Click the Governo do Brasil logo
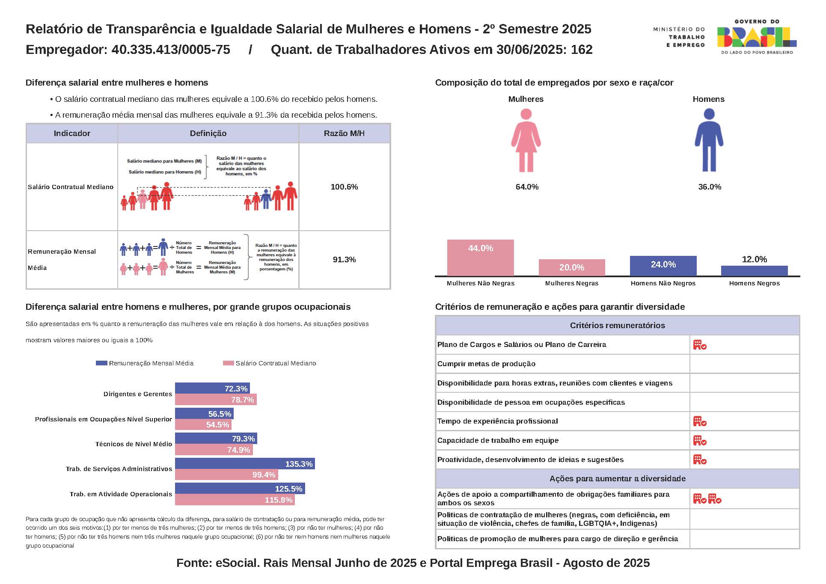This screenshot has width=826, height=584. [756, 37]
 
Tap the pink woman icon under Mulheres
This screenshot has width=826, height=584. [526, 140]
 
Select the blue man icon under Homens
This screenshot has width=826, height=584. [709, 140]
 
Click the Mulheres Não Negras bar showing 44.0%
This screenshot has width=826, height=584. [480, 258]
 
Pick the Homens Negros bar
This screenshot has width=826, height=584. [754, 271]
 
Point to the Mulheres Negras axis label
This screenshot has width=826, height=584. [571, 283]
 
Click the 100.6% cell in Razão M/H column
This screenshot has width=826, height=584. [344, 187]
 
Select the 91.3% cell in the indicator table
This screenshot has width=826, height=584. [344, 260]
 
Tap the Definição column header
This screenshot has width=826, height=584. [208, 133]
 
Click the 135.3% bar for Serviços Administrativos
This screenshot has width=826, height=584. [245, 464]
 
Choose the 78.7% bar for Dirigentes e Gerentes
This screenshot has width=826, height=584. [216, 400]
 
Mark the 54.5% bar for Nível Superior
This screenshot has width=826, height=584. [203, 424]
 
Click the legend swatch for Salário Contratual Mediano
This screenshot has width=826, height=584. [228, 363]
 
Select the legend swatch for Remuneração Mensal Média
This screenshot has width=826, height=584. [101, 363]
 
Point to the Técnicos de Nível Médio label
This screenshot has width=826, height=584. [134, 444]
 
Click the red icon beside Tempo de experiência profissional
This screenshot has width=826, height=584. [700, 421]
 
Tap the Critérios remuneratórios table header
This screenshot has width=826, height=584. [617, 326]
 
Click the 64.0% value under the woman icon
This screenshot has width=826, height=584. [527, 187]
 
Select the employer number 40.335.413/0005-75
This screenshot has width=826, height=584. [171, 50]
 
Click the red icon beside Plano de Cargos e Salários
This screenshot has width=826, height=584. [700, 345]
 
